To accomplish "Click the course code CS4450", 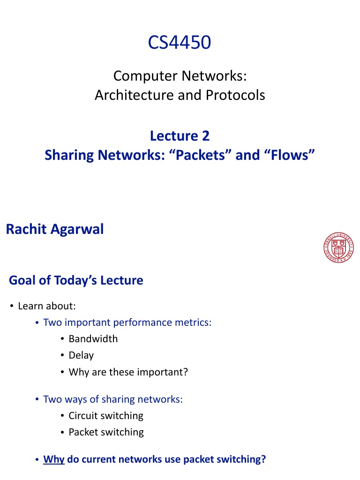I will coord(180,43).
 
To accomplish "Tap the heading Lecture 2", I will coord(180,136).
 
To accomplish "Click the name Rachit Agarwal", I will coord(54,230).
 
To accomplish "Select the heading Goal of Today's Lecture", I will coord(76,280).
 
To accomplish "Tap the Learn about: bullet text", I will coord(47,306).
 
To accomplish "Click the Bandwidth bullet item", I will coord(93,339).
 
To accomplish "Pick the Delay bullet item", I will coord(81,355).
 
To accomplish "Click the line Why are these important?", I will coord(128,372).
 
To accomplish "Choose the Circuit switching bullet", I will coord(106,416).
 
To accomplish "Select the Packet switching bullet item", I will coord(106,432).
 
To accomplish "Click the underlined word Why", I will coord(53,459).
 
